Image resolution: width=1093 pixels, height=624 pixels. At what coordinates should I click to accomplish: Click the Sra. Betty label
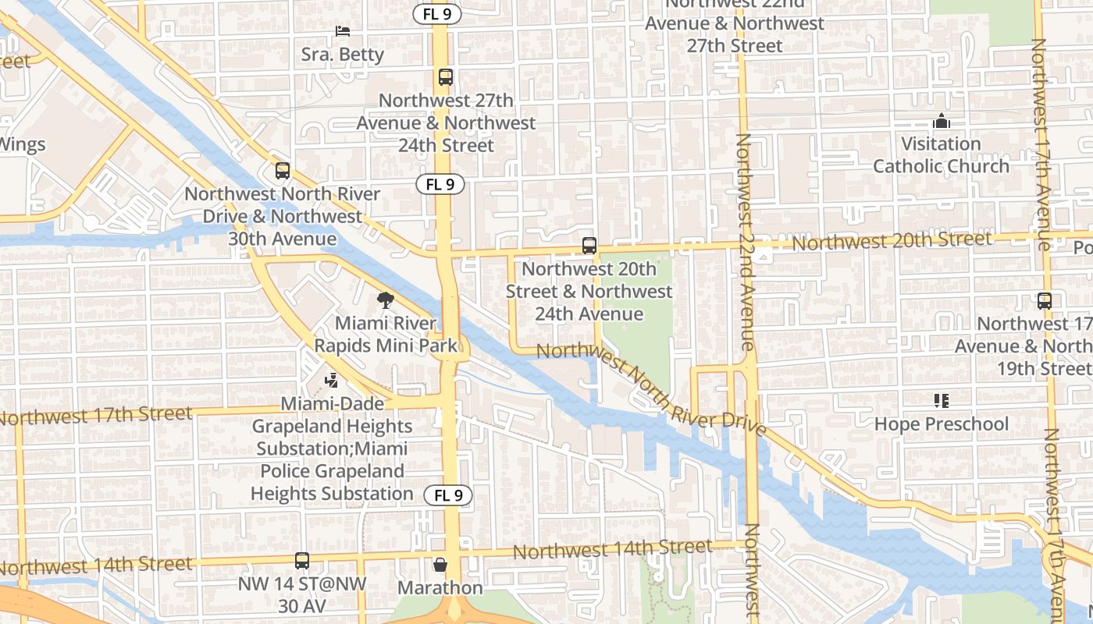tap(343, 55)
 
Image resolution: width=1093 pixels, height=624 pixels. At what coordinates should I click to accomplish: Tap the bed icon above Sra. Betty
tap(343, 31)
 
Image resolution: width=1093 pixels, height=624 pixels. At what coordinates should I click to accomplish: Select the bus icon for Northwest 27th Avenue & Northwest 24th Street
tap(446, 77)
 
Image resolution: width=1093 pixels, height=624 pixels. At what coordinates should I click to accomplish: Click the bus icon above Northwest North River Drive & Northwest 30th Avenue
tap(283, 170)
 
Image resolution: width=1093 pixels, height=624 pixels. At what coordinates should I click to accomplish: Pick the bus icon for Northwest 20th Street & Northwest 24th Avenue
tap(589, 245)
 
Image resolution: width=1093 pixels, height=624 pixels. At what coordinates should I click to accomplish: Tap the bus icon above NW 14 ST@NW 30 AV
tap(302, 560)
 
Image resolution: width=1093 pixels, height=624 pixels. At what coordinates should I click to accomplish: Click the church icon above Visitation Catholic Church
tap(942, 122)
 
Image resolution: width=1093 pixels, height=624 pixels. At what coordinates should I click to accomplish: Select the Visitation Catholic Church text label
tap(941, 155)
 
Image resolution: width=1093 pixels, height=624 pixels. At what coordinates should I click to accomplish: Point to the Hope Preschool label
tap(942, 424)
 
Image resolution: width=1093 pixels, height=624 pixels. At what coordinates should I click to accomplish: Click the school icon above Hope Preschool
tap(942, 401)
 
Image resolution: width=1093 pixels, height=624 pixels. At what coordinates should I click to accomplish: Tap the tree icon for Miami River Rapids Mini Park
tap(385, 300)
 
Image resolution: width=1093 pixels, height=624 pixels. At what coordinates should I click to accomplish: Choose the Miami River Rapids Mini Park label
tap(385, 334)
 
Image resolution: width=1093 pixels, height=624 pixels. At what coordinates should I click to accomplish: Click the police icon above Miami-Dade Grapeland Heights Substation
tap(333, 381)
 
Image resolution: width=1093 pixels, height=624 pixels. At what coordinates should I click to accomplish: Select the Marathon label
tap(440, 587)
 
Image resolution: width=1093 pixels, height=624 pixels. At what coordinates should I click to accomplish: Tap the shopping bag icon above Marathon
tap(440, 564)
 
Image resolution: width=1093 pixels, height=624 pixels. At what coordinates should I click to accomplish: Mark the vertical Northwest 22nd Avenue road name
tap(745, 242)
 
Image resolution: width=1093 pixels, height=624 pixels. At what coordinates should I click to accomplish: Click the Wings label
tap(23, 144)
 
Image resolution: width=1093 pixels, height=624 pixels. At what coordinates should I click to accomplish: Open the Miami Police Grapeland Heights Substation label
tap(332, 471)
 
